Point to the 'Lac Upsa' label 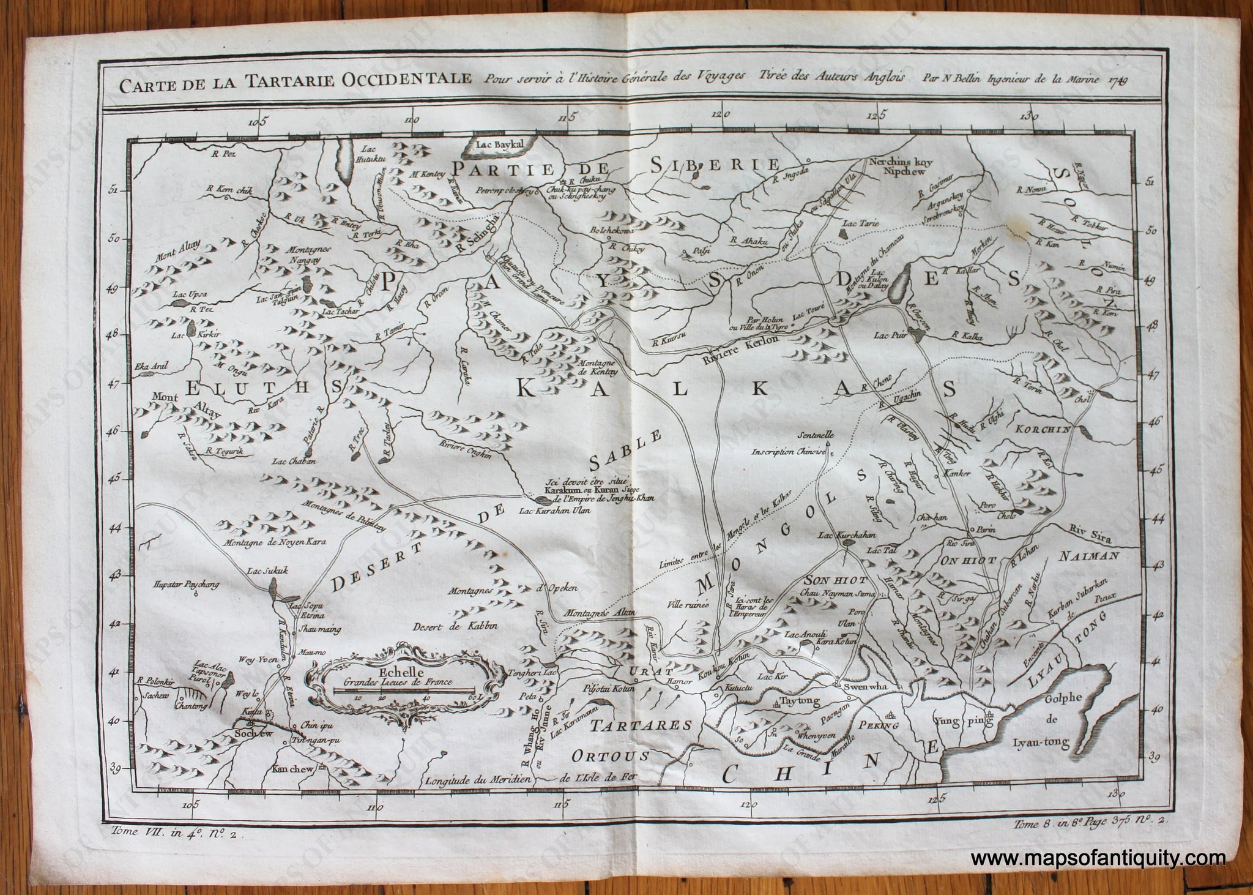tap(190, 295)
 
